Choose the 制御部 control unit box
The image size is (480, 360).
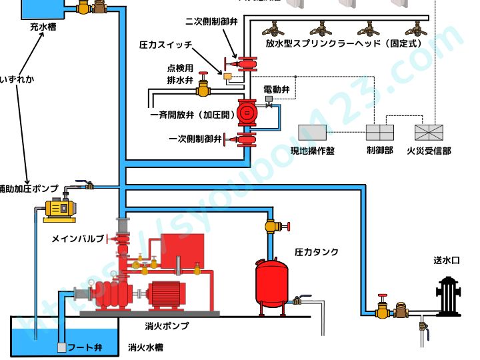pyautogui.click(x=380, y=132)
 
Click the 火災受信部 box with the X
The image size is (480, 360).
pyautogui.click(x=429, y=132)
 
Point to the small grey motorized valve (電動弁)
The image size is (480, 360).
pyautogui.click(x=269, y=100)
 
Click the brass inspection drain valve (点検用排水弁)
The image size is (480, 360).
pyautogui.click(x=205, y=87)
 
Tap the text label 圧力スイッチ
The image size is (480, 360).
pyautogui.click(x=166, y=45)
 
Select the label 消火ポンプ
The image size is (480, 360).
pyautogui.click(x=167, y=326)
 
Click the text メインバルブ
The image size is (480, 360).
pyautogui.click(x=77, y=238)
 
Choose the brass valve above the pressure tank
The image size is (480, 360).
pyautogui.click(x=272, y=226)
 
